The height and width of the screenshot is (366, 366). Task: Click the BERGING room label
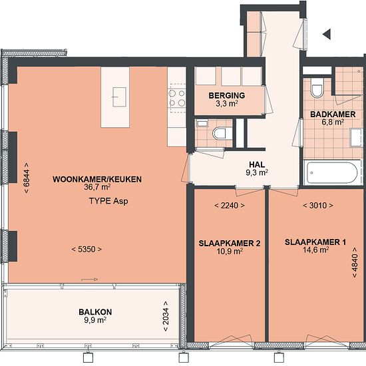tap(227, 95)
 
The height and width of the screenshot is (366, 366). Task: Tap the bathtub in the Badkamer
tap(331, 173)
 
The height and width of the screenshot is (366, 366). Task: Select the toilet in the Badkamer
tap(317, 87)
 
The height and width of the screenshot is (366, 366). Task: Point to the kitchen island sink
tap(119, 97)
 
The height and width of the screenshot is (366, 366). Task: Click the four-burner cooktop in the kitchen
tap(177, 98)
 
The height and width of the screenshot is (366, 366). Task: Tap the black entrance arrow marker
tap(327, 35)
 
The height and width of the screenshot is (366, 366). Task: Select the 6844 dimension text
tap(27, 178)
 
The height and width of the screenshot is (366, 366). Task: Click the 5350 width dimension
tap(87, 250)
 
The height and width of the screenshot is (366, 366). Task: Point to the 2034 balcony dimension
tap(166, 316)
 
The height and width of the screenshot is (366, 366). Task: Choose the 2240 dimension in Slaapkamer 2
tap(230, 206)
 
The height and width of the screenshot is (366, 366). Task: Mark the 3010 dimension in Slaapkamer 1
tap(318, 206)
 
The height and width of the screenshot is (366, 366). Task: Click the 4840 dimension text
tap(355, 262)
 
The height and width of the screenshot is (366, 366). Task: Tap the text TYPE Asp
tap(108, 201)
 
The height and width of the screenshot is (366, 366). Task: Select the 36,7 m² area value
tap(97, 187)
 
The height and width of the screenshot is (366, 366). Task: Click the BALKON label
tap(95, 312)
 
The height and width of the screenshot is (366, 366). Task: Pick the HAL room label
tap(257, 164)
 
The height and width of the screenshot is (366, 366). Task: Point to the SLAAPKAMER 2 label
tap(230, 244)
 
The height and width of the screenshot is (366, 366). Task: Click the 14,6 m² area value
tap(316, 250)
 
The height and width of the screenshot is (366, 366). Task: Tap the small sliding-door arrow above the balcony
tap(90, 279)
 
